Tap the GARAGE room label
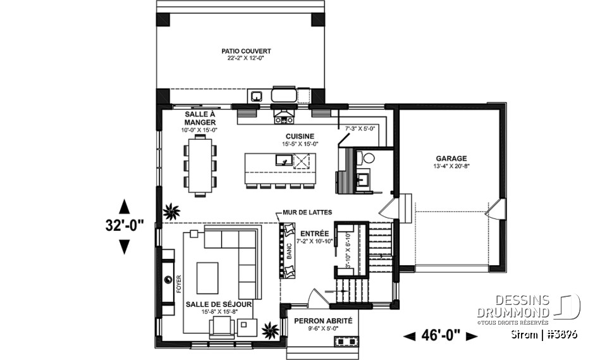(451, 159)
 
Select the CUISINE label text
(299, 136)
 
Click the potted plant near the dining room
(171, 213)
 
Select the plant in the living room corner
(270, 329)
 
